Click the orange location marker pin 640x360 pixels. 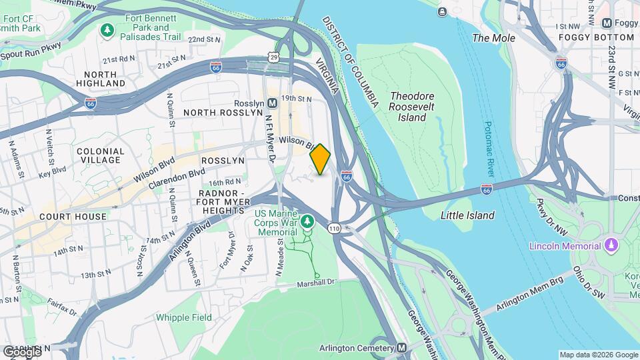pyautogui.click(x=321, y=159)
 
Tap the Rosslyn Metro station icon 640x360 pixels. pyautogui.click(x=272, y=103)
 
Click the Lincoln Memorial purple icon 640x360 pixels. pyautogui.click(x=611, y=245)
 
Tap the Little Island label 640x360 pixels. pyautogui.click(x=467, y=215)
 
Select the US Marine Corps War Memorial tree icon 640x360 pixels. pyautogui.click(x=307, y=221)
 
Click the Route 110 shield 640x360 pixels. pyautogui.click(x=334, y=228)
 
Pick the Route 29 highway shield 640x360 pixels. pyautogui.click(x=275, y=58)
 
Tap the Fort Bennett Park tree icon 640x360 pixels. pyautogui.click(x=107, y=30)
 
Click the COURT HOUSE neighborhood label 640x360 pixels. pyautogui.click(x=73, y=217)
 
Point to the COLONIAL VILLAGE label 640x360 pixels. pyautogui.click(x=101, y=155)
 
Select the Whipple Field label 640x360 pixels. pyautogui.click(x=182, y=317)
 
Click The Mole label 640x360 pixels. pyautogui.click(x=493, y=38)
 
